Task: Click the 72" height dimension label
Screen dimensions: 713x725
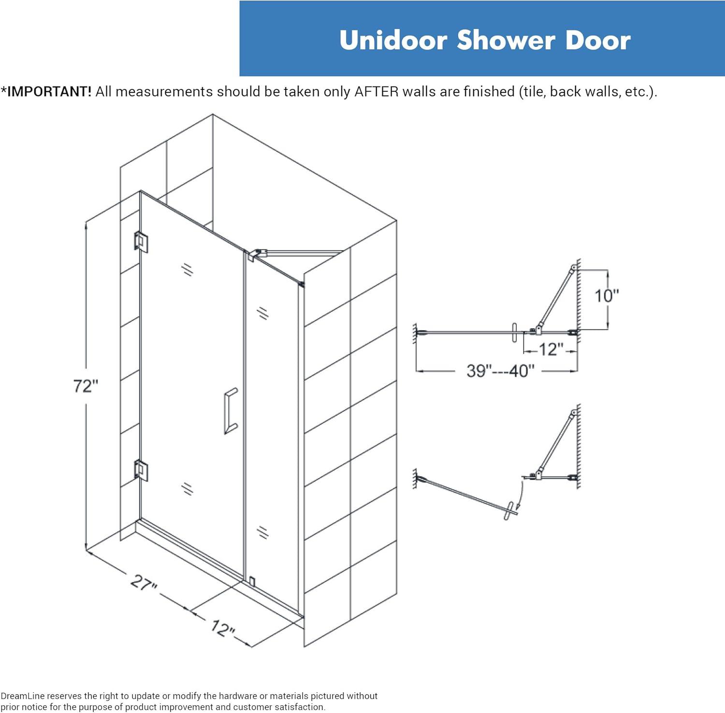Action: (86, 386)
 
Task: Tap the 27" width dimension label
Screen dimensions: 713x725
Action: (144, 582)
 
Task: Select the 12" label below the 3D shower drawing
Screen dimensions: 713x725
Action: (223, 628)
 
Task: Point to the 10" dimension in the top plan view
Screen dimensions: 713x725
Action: (606, 295)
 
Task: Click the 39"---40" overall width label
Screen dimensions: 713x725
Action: (500, 371)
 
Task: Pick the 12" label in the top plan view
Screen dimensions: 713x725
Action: (551, 349)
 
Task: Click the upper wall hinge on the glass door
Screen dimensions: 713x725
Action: (141, 242)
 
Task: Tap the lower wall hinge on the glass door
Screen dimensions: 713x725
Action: (141, 470)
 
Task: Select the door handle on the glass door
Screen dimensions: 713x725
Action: (231, 411)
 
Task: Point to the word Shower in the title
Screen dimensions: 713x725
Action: (506, 40)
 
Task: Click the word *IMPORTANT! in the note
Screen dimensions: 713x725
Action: (46, 91)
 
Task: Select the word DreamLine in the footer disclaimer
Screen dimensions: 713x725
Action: (22, 696)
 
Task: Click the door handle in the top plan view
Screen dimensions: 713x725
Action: (514, 333)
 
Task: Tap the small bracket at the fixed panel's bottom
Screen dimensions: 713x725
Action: (252, 581)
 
